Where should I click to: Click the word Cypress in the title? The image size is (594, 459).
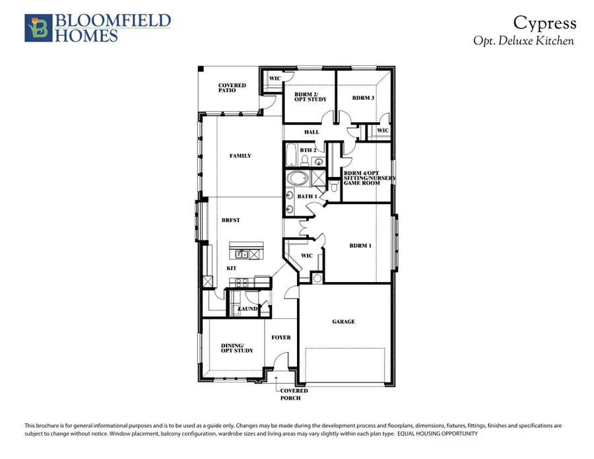pos(545,24)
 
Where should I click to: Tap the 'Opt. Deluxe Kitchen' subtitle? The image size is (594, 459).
pos(523,41)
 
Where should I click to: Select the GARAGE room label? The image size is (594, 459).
pos(343,322)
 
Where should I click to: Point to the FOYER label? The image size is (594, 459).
pos(281,337)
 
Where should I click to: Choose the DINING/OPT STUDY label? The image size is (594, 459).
pos(232,348)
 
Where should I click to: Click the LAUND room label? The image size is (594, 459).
pos(247,308)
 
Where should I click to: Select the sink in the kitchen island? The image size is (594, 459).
pos(242,254)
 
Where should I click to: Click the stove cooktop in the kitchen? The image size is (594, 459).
pos(242,282)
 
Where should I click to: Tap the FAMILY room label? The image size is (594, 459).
pos(240,156)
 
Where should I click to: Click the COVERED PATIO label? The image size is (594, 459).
pos(232,88)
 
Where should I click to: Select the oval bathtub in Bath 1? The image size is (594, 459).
pos(298,179)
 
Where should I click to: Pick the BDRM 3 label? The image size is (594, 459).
pos(363,98)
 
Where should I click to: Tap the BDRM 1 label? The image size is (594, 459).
pos(360,246)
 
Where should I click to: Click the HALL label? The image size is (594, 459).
pos(312,132)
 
